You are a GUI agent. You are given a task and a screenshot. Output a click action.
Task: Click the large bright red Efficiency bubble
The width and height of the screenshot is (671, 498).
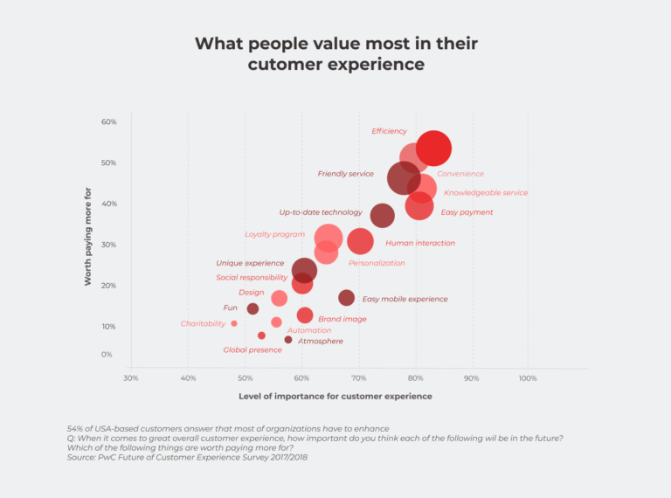(x=433, y=149)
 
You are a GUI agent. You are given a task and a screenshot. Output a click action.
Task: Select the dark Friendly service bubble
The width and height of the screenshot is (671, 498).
(x=404, y=178)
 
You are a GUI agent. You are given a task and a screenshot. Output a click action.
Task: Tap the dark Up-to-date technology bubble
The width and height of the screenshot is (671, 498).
(x=382, y=215)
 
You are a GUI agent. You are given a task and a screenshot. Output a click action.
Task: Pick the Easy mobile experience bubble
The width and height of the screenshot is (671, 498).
(x=347, y=298)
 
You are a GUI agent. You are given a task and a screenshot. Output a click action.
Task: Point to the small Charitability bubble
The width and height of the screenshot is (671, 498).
(x=234, y=323)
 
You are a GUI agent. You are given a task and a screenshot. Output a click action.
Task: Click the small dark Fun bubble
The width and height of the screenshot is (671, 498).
(x=252, y=308)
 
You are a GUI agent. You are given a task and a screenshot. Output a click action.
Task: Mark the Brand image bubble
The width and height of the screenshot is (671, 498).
(x=305, y=315)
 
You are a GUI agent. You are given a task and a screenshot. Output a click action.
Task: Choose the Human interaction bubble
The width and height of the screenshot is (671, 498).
(x=360, y=242)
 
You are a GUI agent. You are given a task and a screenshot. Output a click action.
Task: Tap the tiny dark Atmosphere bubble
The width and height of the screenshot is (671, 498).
(x=288, y=340)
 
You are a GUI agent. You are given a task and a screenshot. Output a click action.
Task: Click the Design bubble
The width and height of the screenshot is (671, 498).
(x=279, y=298)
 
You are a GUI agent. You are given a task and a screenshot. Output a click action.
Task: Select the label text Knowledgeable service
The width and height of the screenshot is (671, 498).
(x=486, y=193)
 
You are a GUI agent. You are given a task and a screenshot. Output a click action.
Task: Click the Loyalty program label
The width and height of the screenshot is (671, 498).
(x=275, y=235)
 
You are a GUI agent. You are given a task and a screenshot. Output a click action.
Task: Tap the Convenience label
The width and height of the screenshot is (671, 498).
(x=460, y=174)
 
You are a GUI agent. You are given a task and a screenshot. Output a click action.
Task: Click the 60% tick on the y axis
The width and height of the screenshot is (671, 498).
(x=109, y=121)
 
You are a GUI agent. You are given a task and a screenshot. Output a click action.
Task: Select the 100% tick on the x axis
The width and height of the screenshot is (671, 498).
(x=528, y=377)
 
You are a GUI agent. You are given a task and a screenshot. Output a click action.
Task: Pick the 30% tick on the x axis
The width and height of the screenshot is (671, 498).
(x=130, y=377)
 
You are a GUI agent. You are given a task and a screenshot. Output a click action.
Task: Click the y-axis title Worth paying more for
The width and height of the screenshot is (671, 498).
(x=87, y=236)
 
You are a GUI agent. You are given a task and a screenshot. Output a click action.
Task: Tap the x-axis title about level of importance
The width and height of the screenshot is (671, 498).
(x=335, y=397)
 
